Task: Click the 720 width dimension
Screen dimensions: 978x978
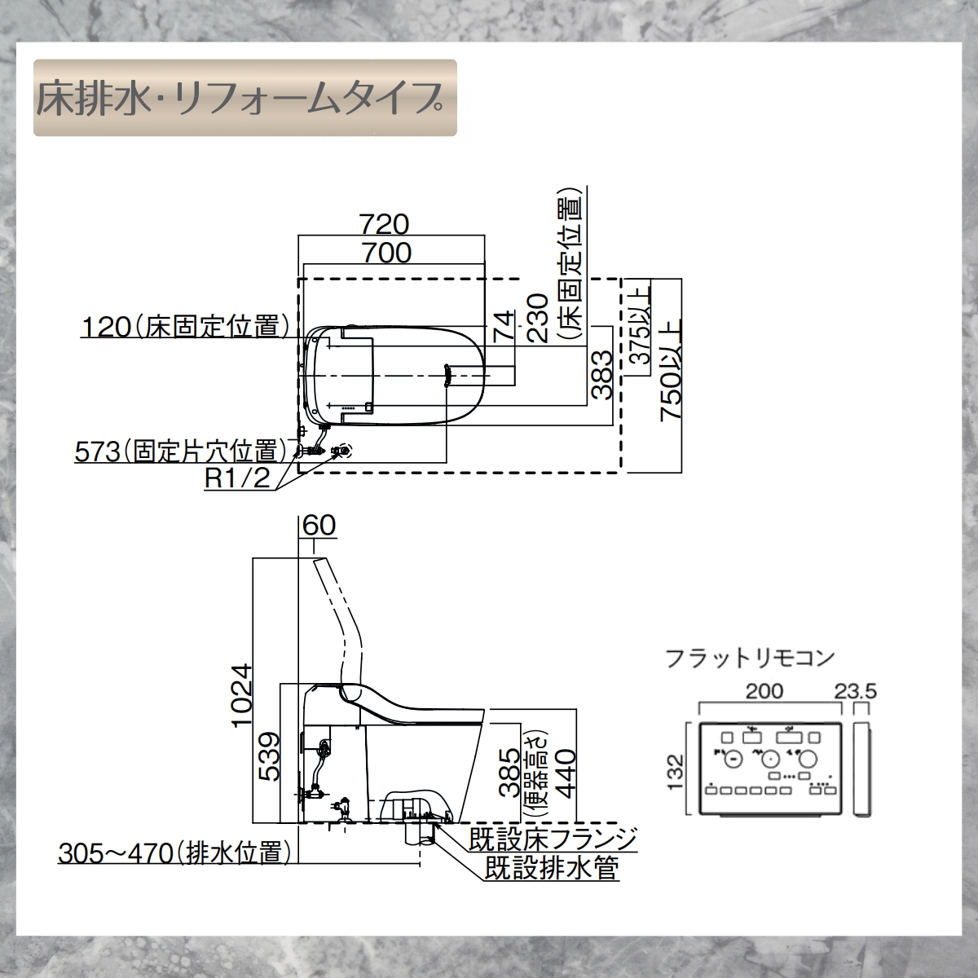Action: click(x=385, y=224)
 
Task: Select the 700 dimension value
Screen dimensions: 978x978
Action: click(x=387, y=253)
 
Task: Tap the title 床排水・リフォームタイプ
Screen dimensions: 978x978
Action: click(x=242, y=98)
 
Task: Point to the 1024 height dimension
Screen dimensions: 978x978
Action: click(x=241, y=696)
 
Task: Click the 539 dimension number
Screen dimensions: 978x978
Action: click(x=269, y=756)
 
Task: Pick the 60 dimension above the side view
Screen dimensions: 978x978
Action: click(x=319, y=526)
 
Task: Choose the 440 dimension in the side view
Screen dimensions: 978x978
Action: click(x=565, y=771)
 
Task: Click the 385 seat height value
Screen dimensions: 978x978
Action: click(x=510, y=771)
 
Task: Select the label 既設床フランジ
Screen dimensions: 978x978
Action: click(x=553, y=839)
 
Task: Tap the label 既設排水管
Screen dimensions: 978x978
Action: click(x=552, y=867)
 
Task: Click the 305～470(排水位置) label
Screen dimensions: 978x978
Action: click(x=174, y=853)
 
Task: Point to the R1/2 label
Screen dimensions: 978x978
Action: click(x=237, y=478)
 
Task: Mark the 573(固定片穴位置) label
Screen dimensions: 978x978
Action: click(x=180, y=451)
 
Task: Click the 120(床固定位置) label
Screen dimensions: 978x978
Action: click(x=186, y=327)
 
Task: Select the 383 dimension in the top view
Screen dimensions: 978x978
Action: click(x=601, y=374)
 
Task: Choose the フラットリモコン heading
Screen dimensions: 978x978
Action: click(x=750, y=658)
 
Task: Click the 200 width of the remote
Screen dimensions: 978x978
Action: click(x=764, y=691)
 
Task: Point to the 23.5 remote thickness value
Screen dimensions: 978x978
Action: click(x=855, y=691)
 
